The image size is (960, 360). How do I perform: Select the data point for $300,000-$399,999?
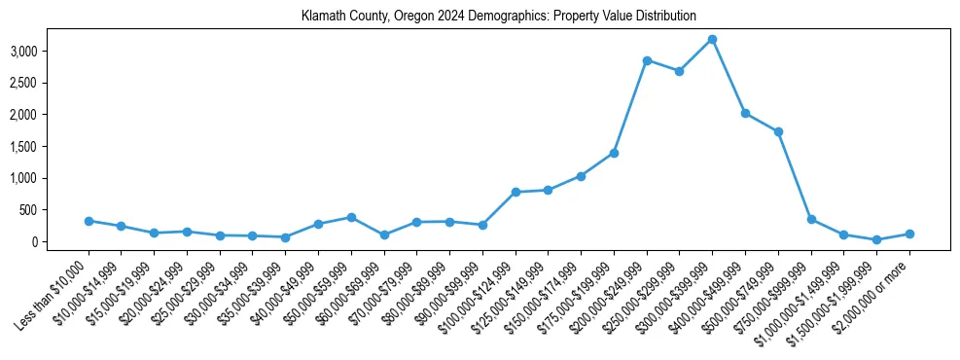coord(712,39)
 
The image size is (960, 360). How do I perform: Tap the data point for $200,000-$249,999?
coord(647,60)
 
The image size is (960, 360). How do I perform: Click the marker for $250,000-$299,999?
coord(680,71)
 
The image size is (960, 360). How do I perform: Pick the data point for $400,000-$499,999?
coord(745,113)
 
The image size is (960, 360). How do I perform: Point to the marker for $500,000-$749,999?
coord(778,131)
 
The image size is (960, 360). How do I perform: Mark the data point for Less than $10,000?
coord(89,221)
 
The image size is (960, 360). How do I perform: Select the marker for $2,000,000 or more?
coord(909,234)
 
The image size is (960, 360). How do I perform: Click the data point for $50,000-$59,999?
coord(351,217)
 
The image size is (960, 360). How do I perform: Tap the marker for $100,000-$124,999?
coord(516,192)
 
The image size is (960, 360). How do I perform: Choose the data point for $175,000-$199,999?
coord(614,153)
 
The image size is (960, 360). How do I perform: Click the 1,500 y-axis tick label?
coord(52,146)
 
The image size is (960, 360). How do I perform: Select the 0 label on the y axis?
coord(59,241)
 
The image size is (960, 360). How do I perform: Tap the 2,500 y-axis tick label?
coord(52,83)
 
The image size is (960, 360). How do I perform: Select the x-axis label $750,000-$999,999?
coord(772,297)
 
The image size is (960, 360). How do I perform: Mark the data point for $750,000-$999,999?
coord(811,219)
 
